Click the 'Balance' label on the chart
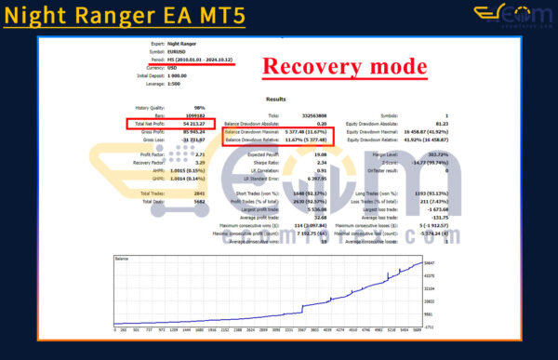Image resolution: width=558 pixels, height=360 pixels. (122, 258)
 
